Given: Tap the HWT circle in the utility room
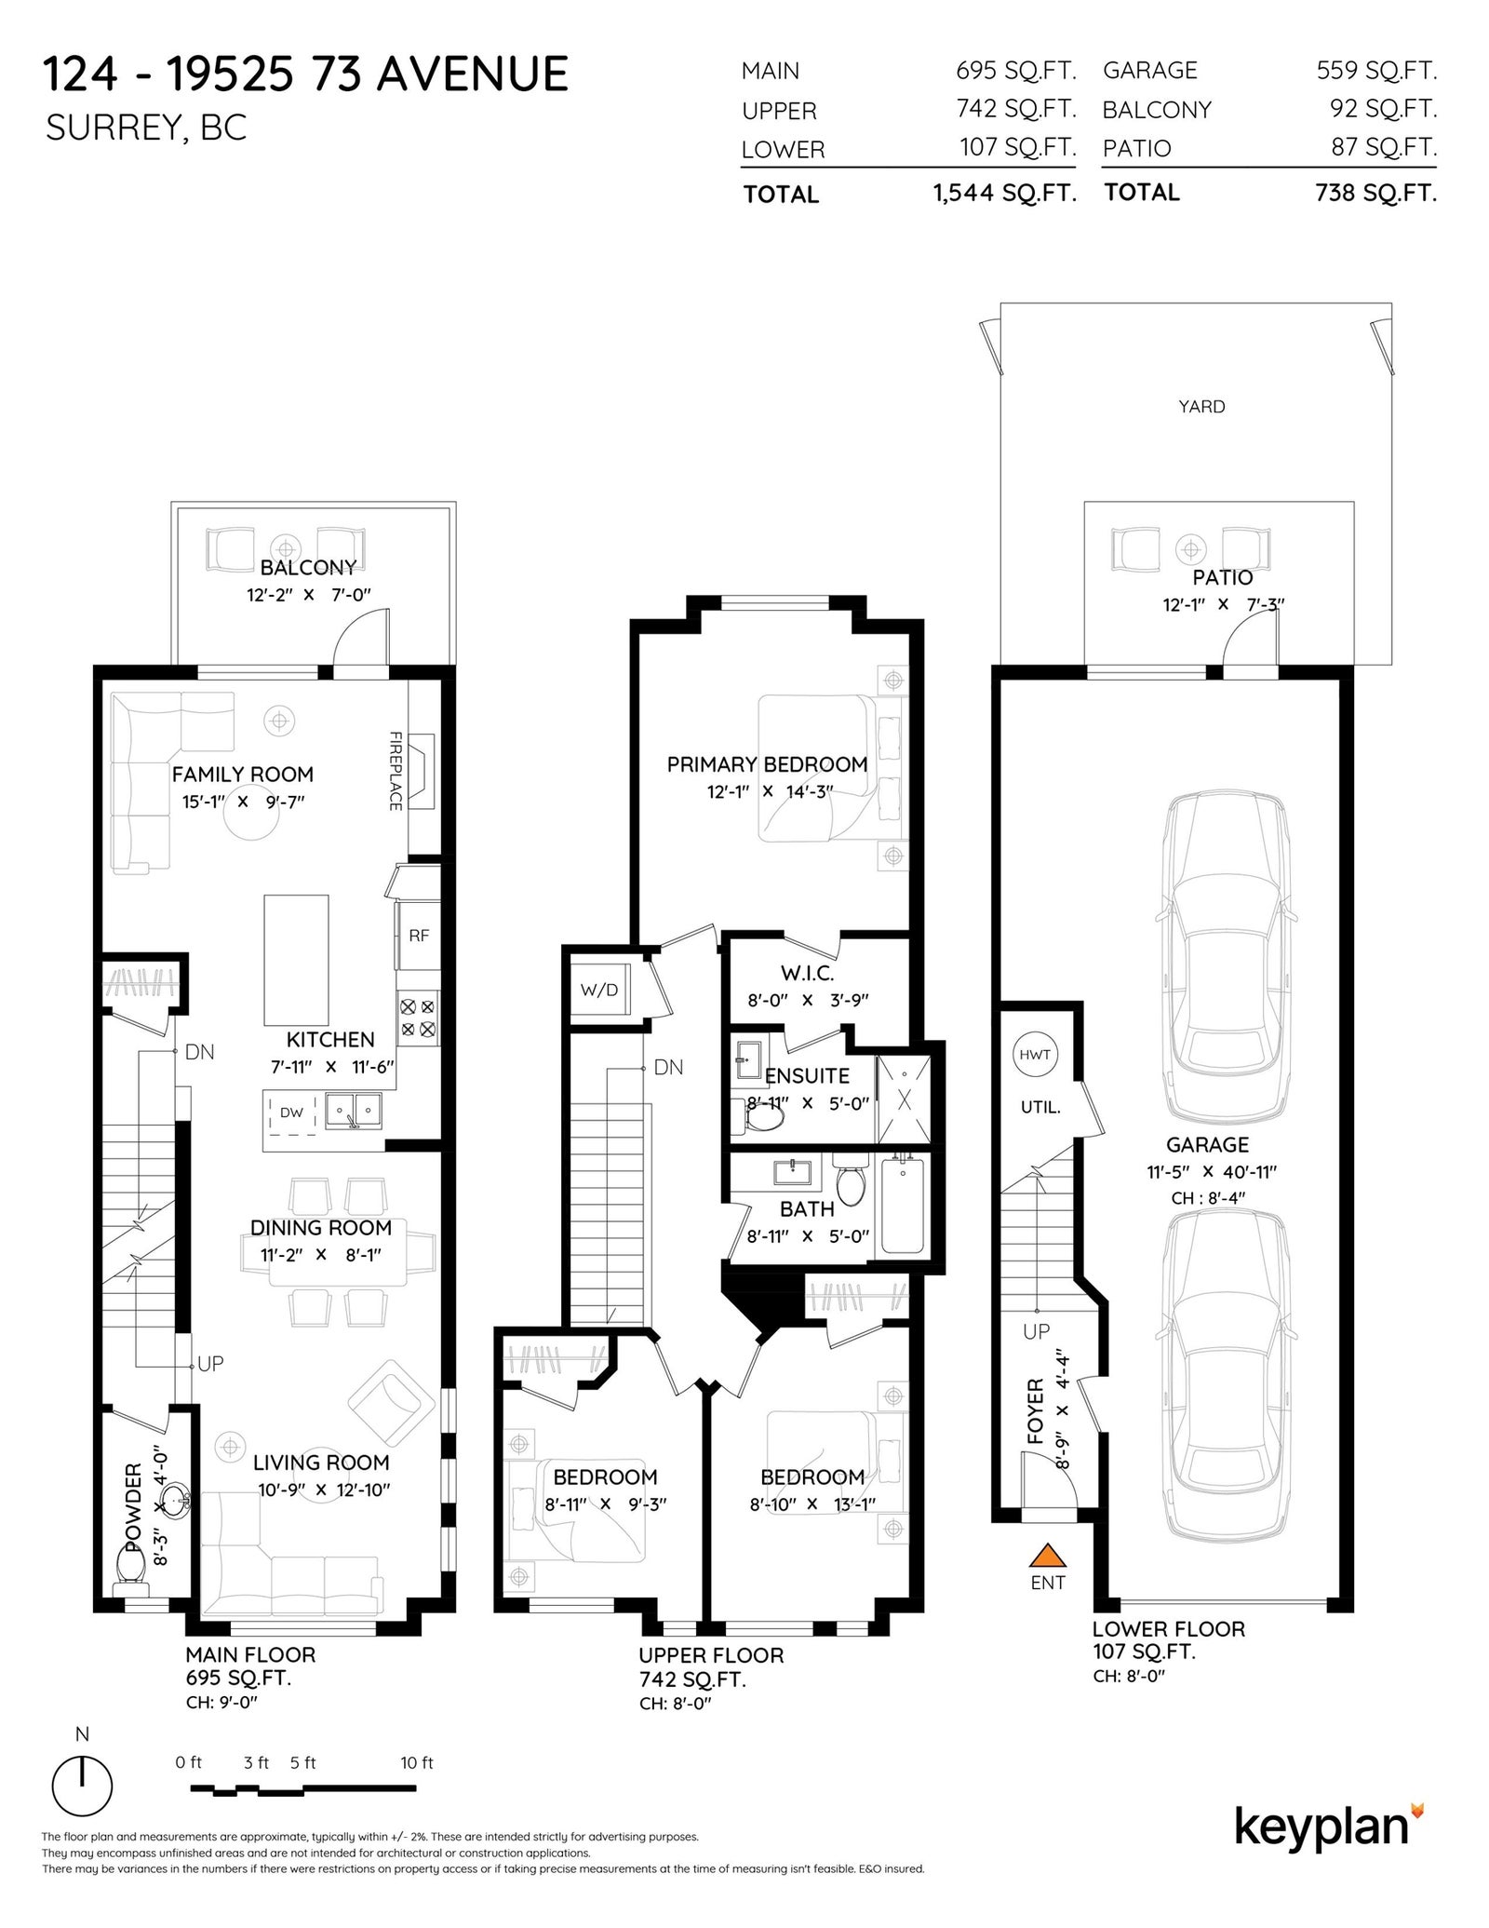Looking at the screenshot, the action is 1034,1055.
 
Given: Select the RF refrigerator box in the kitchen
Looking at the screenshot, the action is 418,935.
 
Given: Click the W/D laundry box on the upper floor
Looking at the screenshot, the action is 599,989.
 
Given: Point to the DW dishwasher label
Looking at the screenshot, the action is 291,1112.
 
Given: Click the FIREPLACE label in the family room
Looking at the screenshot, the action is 396,771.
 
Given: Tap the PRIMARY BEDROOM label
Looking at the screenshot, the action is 767,764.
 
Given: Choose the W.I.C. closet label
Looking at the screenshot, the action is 807,974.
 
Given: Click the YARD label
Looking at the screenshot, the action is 1201,407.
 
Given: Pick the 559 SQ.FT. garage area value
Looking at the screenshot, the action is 1376,70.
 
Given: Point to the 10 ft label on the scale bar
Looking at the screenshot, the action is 417,1762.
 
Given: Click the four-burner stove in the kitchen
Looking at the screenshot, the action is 417,1018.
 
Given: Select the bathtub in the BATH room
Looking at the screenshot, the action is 902,1206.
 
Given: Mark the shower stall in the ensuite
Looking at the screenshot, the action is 903,1099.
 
